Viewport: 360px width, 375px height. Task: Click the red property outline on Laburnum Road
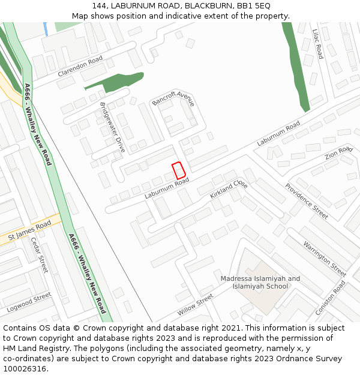(178, 170)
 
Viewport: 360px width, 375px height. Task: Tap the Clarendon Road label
(80, 67)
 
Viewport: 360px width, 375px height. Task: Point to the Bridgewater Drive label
(112, 127)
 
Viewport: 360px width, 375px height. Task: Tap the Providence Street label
(306, 201)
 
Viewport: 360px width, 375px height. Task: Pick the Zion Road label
(338, 153)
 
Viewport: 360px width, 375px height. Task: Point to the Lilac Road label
(317, 43)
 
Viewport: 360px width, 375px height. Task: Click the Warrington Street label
(325, 258)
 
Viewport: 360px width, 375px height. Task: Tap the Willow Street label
(195, 305)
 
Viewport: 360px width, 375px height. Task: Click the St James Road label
(29, 232)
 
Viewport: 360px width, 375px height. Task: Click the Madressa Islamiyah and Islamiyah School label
(260, 282)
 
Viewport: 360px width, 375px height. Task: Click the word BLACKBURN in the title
(206, 6)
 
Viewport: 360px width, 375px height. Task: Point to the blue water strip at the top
(46, 29)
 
